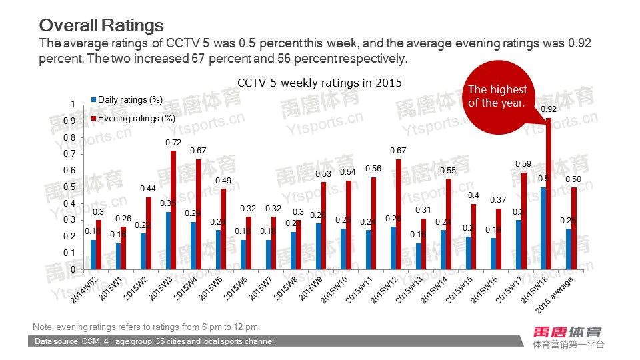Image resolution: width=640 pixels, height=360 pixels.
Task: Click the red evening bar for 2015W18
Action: point(549,193)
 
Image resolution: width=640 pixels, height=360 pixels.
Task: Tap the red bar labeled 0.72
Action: point(173,210)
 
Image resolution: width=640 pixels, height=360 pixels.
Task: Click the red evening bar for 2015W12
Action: point(399,214)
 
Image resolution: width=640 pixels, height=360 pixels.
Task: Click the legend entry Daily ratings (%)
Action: point(130,100)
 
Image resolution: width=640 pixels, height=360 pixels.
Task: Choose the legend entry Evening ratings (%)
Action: point(136,118)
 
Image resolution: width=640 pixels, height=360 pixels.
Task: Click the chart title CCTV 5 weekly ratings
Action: point(320,82)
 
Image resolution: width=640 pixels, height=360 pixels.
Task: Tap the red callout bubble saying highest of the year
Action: point(497,97)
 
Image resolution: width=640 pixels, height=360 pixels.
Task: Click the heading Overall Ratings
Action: point(101,25)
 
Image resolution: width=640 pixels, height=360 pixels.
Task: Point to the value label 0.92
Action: point(549,109)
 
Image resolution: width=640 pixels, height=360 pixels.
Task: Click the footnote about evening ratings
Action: point(146,327)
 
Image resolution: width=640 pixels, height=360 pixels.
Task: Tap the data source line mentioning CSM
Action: point(154,341)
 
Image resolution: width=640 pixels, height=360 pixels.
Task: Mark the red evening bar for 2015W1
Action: point(123,247)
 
